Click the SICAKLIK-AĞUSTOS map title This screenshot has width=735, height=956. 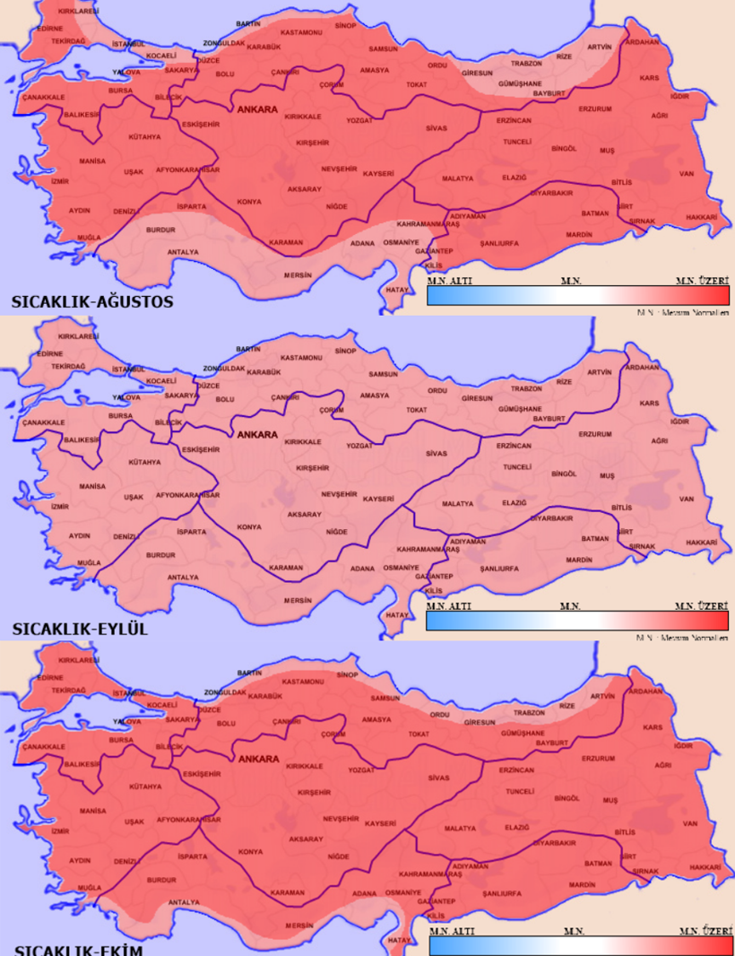coord(91,301)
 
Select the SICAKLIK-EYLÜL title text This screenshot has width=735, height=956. coord(79,629)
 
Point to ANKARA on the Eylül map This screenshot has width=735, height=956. coord(257,435)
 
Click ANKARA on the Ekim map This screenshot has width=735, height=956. coord(257,759)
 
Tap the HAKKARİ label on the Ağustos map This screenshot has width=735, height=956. coord(702,217)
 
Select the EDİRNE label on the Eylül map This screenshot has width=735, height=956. coord(51,353)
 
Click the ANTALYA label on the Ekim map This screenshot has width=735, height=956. coord(184,902)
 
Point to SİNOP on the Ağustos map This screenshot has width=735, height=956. coord(345,26)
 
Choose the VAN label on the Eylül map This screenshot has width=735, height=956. coord(687,499)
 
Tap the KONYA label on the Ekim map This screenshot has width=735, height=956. coord(249,851)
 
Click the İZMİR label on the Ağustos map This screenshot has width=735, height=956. coord(60,181)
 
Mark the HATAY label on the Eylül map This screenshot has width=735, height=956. coord(396,615)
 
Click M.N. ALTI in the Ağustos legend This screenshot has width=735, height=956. coord(450,281)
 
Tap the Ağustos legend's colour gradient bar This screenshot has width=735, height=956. coord(578,295)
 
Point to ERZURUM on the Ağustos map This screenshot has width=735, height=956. coord(594,109)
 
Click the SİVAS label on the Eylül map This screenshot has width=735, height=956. coord(437,454)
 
